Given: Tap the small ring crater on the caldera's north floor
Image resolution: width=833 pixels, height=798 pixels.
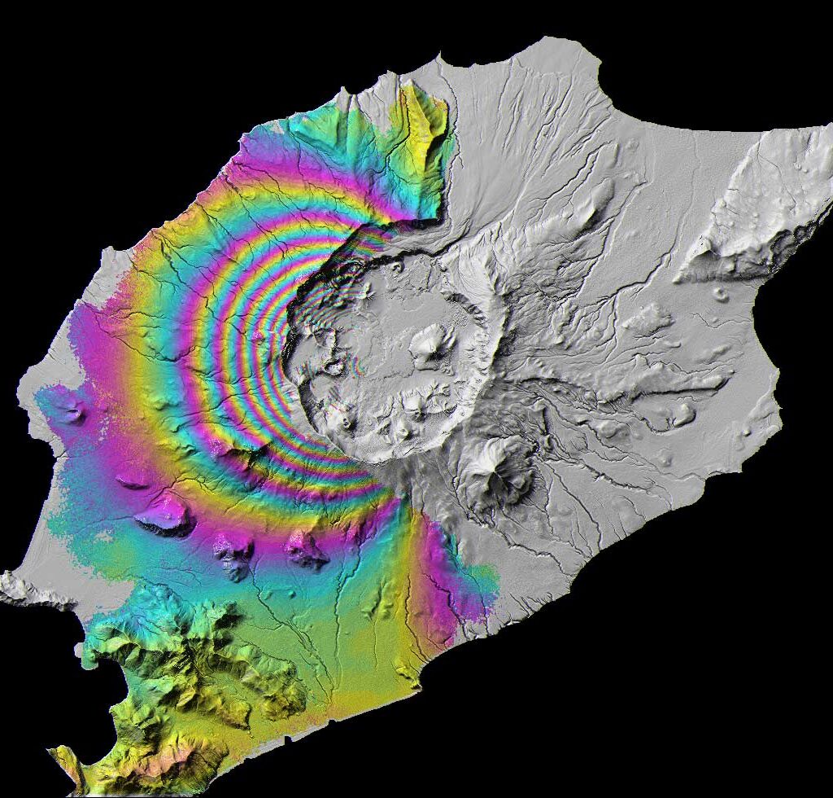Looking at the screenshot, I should coord(396,265).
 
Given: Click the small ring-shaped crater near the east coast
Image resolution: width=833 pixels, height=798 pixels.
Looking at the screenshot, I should coord(719,294).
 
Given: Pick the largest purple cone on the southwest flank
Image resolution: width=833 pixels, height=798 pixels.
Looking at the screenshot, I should coord(167,514).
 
